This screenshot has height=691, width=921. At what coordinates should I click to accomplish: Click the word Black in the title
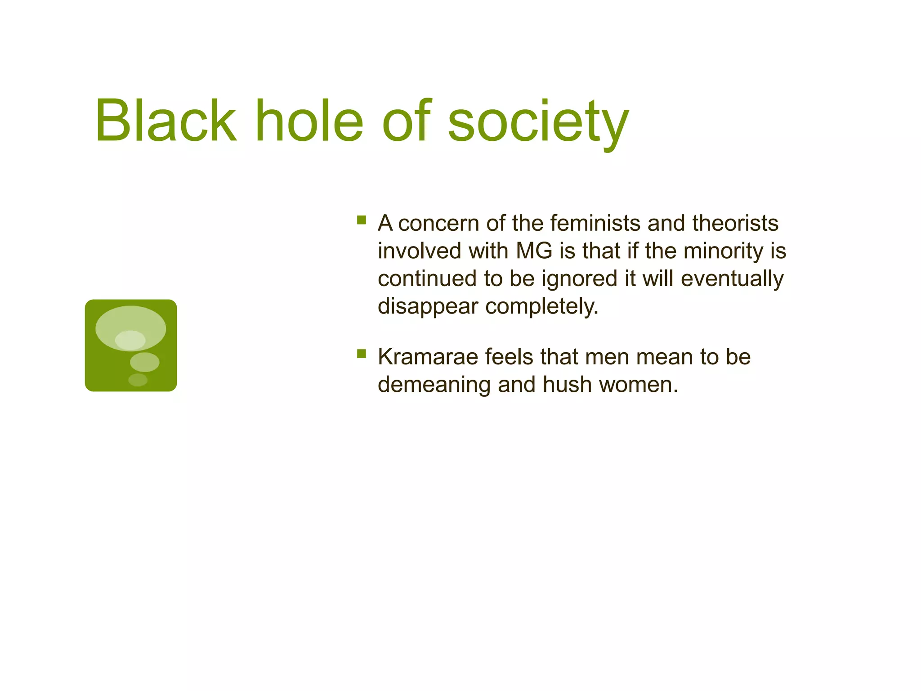pos(165,121)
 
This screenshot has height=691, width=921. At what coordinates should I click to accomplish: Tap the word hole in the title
pos(309,121)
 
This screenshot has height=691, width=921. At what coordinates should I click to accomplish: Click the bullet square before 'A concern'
pos(362,220)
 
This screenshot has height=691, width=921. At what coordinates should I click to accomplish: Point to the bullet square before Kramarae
pos(362,354)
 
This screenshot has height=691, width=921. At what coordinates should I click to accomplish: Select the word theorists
pos(735,223)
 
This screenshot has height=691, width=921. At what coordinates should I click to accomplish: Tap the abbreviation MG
pos(534,251)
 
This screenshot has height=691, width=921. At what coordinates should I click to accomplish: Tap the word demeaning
pos(434,385)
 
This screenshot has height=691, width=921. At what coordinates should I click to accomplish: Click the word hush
pos(567,385)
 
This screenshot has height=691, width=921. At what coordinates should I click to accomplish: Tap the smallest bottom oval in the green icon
pos(138,380)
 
